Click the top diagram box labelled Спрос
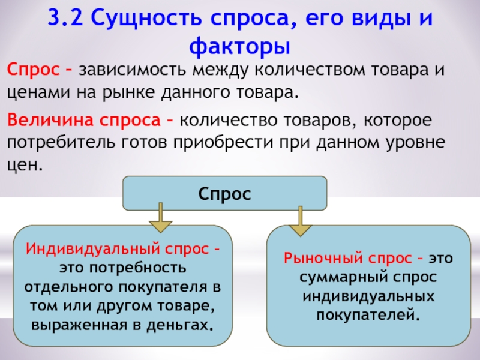point(224,193)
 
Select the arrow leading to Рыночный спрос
point(299,221)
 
